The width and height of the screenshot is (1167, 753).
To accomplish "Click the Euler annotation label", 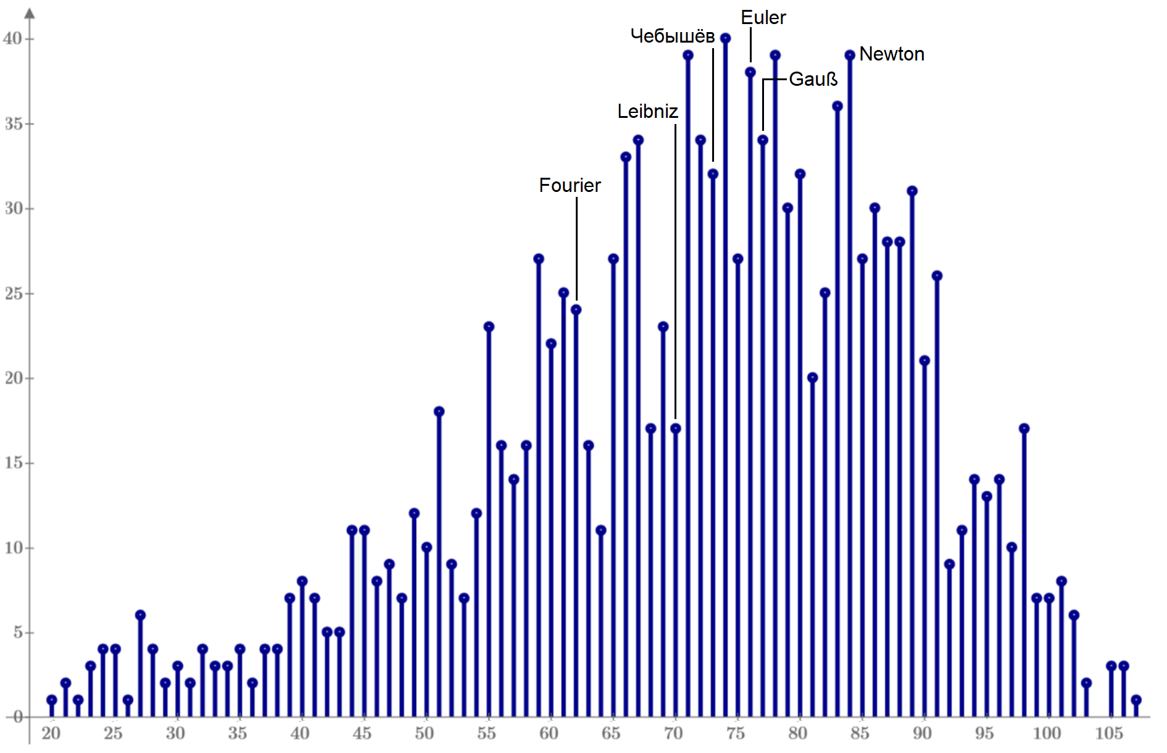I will coord(763,18).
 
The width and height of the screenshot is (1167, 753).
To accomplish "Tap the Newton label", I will coord(891,54).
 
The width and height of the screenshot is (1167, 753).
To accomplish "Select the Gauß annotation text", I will coord(813,80).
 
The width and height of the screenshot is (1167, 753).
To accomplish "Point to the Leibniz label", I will coord(647,112).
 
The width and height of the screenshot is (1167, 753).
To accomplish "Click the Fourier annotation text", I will coord(570,186).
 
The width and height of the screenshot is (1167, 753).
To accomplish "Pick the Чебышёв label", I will coord(672,36).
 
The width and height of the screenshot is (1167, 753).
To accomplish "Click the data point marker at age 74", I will coord(725,38).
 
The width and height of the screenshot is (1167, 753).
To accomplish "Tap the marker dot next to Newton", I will coord(850,56).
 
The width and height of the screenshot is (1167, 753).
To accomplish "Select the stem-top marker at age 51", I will coord(439,412).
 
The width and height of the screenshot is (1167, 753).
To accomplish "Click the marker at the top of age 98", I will coord(1024,428).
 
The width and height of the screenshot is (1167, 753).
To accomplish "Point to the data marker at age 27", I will coord(140,615).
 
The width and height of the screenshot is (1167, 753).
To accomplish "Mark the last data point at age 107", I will coord(1136,700).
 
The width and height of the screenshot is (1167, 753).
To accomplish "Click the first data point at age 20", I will coord(52,700).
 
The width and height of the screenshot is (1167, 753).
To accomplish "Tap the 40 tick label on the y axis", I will coord(12,39).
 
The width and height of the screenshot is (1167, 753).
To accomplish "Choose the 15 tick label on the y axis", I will coord(14,463).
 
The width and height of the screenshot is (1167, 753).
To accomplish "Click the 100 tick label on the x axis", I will coord(1047,734).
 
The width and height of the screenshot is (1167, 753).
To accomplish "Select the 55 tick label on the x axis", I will coord(486,734).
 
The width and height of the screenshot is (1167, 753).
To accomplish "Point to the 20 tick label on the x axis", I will coord(51,734).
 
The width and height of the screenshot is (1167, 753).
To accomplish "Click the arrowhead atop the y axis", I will coord(30,14).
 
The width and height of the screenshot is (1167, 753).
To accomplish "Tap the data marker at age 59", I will coord(539,259).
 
